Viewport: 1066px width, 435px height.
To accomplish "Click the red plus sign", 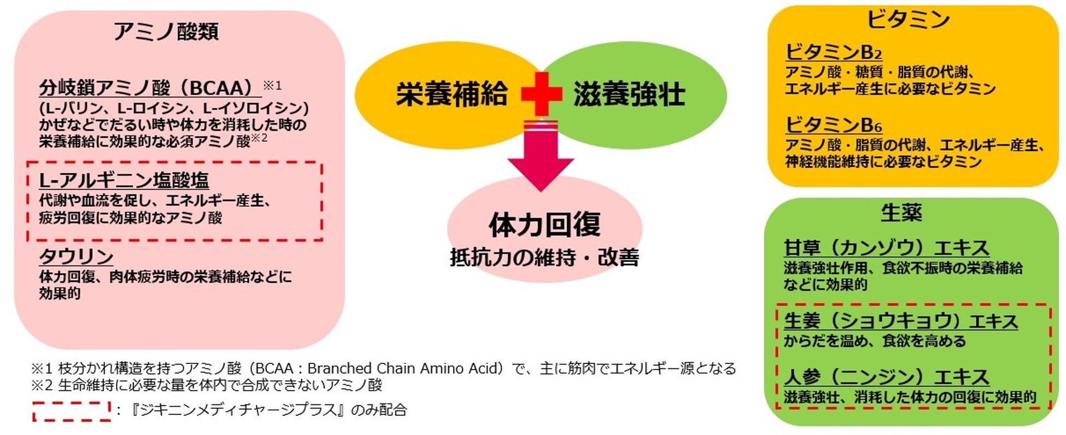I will point(541,94).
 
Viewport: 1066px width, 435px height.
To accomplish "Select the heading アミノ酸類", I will point(166,31).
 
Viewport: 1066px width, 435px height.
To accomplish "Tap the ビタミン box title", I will point(908,20).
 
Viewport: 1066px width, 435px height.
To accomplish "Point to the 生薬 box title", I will point(901,212).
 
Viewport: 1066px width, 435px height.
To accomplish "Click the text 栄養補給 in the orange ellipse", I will point(452,94).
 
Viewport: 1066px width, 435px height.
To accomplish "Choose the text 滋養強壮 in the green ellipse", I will point(629,94).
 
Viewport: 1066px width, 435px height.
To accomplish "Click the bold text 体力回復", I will point(544,225).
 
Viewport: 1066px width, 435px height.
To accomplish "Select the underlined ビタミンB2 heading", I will point(834,52).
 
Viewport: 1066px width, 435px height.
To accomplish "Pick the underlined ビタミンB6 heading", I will point(834,125).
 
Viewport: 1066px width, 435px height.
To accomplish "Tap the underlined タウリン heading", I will point(76,256).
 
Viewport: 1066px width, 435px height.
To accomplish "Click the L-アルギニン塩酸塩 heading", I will point(124,180).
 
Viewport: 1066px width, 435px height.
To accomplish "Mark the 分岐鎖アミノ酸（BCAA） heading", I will point(147,87).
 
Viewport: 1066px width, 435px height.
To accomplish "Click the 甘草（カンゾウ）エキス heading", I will point(886,248).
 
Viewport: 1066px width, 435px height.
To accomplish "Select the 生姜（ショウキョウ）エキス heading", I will point(900,321).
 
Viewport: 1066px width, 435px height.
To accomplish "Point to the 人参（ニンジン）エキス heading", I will point(886,377).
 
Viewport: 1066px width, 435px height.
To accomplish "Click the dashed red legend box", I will point(72,411).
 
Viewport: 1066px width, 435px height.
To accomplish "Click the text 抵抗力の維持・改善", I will point(544,257).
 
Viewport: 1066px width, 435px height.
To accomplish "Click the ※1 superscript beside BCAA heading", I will point(272,85).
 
